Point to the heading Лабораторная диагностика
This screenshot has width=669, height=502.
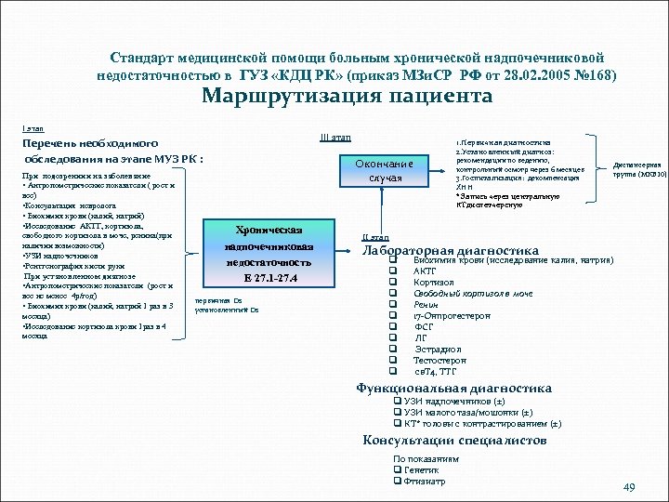coord(450,250)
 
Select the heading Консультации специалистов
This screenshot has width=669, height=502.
coord(454,440)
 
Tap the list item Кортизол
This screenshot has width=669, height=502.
coord(435,282)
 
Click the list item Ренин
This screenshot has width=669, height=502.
coord(428,304)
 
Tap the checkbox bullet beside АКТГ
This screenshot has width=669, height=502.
coord(394,271)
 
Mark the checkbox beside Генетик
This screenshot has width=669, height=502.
coord(398,469)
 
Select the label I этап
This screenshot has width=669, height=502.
coord(33,126)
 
